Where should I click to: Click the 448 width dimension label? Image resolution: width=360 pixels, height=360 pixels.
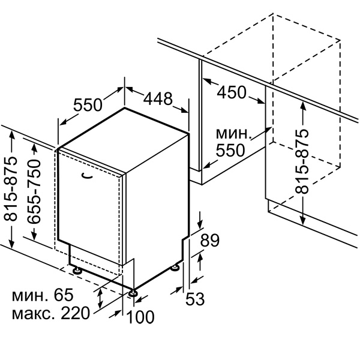(x=158, y=99)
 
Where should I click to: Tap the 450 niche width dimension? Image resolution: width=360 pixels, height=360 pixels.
(x=232, y=92)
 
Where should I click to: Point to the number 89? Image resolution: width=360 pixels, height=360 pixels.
(x=210, y=241)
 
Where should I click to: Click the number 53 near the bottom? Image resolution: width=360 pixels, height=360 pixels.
(x=195, y=299)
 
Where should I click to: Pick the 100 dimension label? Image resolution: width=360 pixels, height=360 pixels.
(x=140, y=317)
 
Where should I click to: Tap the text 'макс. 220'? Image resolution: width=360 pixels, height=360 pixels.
(x=51, y=313)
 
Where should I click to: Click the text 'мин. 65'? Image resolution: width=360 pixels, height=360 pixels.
(x=43, y=295)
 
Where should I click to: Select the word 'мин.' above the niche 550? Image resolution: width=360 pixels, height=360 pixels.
(x=233, y=133)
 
